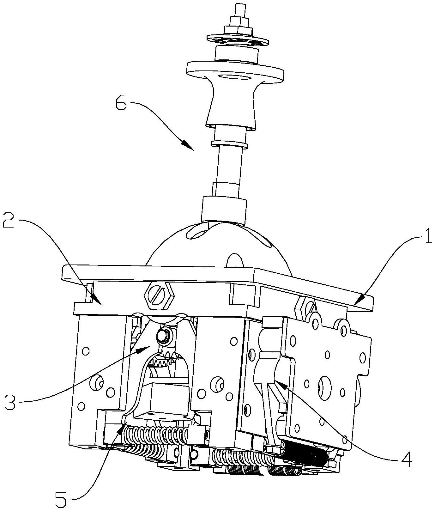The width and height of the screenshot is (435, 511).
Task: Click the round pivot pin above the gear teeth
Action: [x=164, y=337]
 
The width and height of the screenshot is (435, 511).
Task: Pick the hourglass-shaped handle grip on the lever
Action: [x=231, y=104]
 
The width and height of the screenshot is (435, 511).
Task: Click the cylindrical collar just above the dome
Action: [x=224, y=209]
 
